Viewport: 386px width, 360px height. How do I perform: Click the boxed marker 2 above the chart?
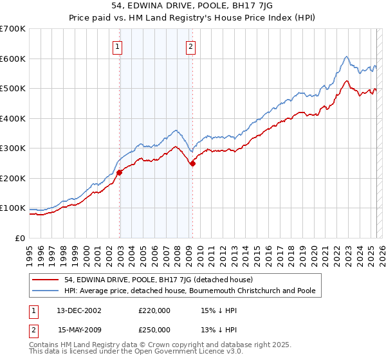192,46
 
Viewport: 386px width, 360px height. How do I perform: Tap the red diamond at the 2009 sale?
192,163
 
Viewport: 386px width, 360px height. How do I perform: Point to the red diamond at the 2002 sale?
120,172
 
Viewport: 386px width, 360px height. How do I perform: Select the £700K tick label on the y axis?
14,29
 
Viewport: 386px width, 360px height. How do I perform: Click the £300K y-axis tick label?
14,148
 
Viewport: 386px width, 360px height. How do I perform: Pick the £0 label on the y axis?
21,238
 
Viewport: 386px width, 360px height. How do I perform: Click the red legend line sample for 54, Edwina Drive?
45,280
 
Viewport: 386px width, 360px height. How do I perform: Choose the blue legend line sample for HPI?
45,291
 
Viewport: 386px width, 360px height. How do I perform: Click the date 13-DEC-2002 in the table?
79,310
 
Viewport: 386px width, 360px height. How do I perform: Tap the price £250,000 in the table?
154,329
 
